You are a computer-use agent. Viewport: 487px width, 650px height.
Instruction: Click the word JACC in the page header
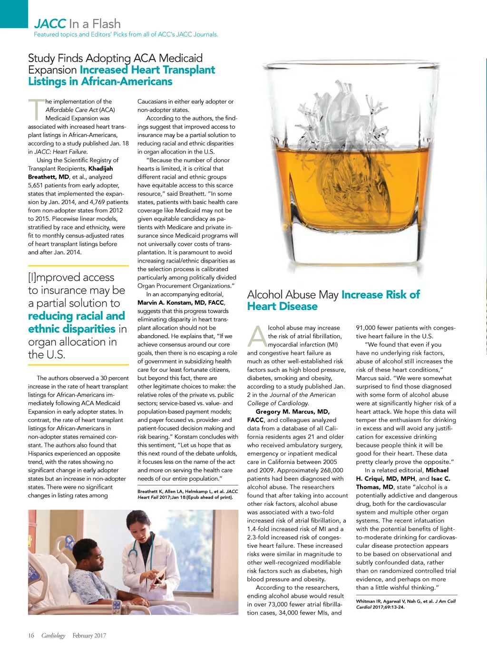coord(50,24)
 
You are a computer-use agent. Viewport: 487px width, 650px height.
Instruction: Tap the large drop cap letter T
coord(37,109)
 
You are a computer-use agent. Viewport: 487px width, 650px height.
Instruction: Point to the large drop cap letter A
coord(257,336)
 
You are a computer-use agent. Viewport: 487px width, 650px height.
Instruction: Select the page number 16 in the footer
coord(31,636)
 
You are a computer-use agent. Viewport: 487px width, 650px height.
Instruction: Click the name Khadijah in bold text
coord(101,168)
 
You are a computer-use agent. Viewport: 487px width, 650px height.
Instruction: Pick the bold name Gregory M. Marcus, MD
coord(292,412)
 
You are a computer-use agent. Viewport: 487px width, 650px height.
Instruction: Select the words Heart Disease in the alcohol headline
coord(282,307)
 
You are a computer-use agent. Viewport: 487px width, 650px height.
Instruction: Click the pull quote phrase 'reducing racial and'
coord(76,316)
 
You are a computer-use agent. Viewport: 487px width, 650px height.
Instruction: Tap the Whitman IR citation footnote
coord(406,604)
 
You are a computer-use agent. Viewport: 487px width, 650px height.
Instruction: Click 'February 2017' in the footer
coord(89,636)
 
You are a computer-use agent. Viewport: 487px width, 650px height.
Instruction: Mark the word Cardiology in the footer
coord(53,636)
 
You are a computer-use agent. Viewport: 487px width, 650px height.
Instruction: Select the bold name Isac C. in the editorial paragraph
coord(441,479)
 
